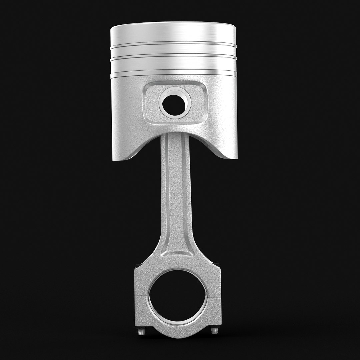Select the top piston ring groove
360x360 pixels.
tap(173, 43)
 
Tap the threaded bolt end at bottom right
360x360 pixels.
tap(215, 330)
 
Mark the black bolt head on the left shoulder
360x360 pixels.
tap(138, 266)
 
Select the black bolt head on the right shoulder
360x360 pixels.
tap(217, 265)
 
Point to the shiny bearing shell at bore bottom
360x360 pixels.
tap(178, 322)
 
